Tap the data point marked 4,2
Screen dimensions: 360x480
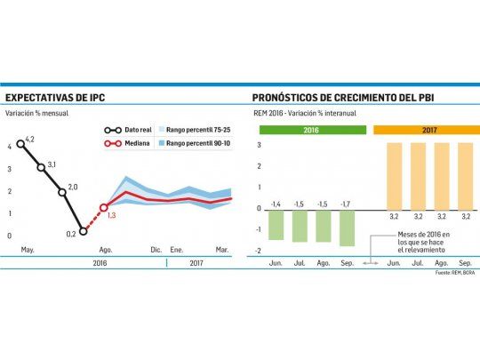[x=20, y=143]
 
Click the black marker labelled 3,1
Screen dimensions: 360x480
[x=41, y=167]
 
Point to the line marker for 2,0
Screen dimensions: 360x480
[x=62, y=192]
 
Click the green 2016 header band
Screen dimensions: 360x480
[x=311, y=130]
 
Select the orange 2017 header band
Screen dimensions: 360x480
[x=425, y=130]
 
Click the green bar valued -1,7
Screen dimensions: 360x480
[x=347, y=228]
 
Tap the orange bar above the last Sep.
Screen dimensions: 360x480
[x=465, y=175]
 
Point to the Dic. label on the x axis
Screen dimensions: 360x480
[x=156, y=251]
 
